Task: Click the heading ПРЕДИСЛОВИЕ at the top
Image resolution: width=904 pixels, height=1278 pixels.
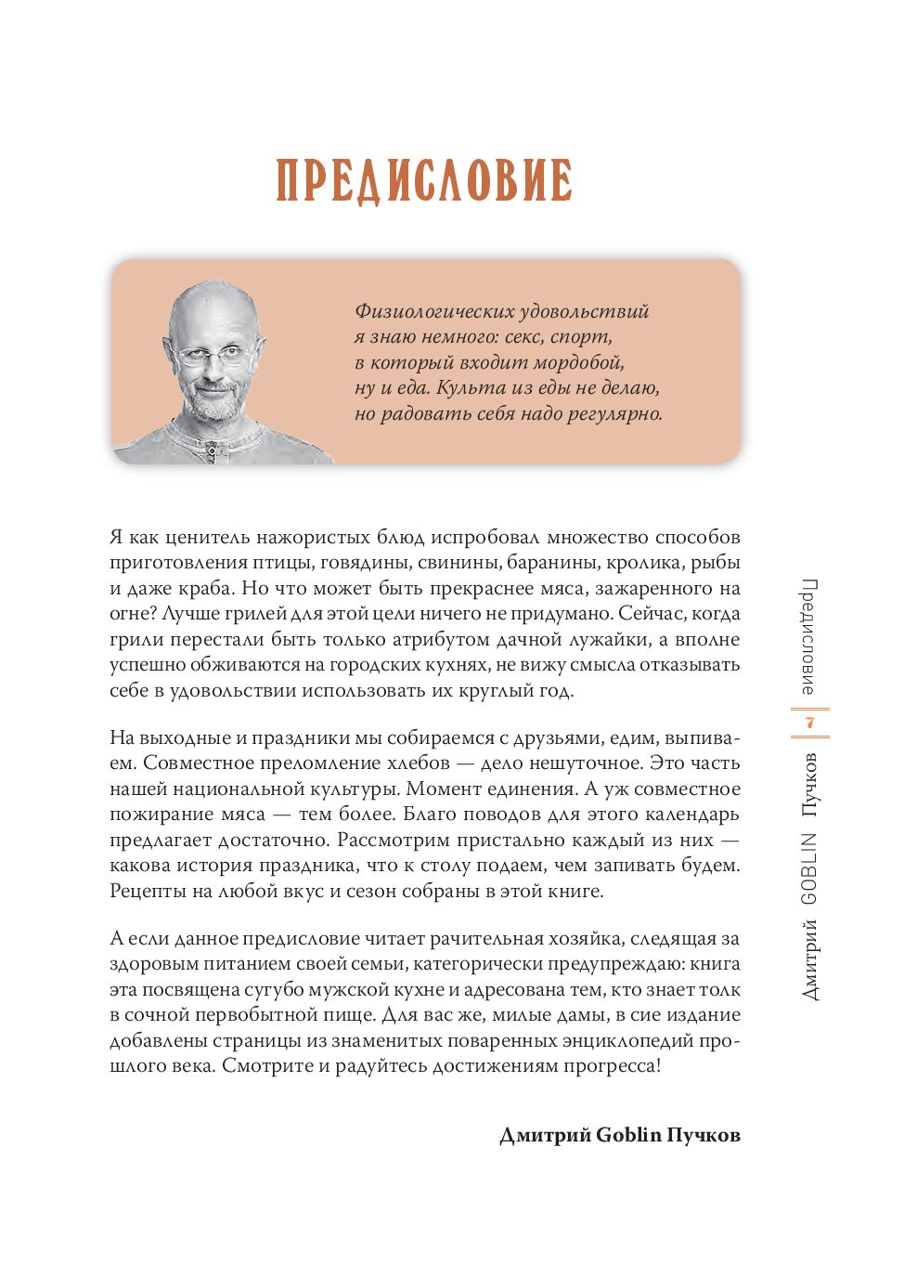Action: point(424,180)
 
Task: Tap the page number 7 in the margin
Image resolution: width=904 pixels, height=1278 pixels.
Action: point(809,723)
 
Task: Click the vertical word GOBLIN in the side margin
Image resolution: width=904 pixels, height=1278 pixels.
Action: point(809,868)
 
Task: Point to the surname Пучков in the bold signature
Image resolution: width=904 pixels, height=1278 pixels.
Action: point(705,1135)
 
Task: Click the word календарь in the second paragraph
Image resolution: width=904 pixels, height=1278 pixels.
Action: point(686,815)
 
